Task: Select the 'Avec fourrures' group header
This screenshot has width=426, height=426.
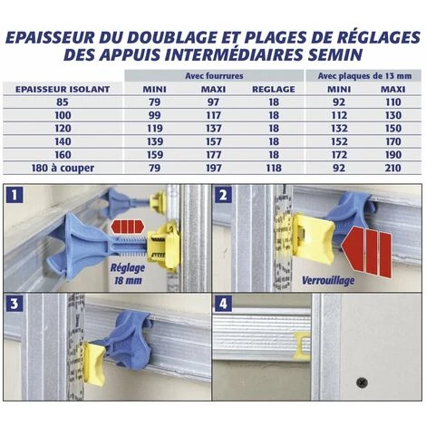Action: coord(214,76)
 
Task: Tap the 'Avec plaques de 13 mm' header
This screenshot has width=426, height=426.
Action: coord(364,76)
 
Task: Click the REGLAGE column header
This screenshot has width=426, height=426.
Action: coord(274,90)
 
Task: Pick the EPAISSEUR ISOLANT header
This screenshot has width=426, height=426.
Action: coord(63,90)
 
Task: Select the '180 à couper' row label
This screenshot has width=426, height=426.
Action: coord(63,168)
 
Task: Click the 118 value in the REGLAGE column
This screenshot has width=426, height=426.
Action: coord(274,168)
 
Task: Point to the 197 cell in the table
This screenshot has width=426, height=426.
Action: coord(214,168)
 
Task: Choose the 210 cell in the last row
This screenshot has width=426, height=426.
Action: coord(393,168)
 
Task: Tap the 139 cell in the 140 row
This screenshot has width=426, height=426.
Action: coord(155,141)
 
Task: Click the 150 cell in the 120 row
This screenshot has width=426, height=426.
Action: coord(393,129)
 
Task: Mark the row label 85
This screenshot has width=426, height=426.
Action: coord(63,102)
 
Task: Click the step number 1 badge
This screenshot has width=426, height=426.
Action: coord(15,195)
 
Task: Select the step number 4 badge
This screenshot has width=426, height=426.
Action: coord(223,304)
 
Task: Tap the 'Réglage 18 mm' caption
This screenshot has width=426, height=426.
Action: coord(128,274)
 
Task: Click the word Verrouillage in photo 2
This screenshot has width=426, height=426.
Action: coord(328,281)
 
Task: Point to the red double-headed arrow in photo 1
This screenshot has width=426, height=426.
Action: coord(128,227)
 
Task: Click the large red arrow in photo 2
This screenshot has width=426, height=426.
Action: coord(366,253)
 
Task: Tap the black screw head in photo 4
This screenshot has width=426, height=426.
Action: coord(362,382)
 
